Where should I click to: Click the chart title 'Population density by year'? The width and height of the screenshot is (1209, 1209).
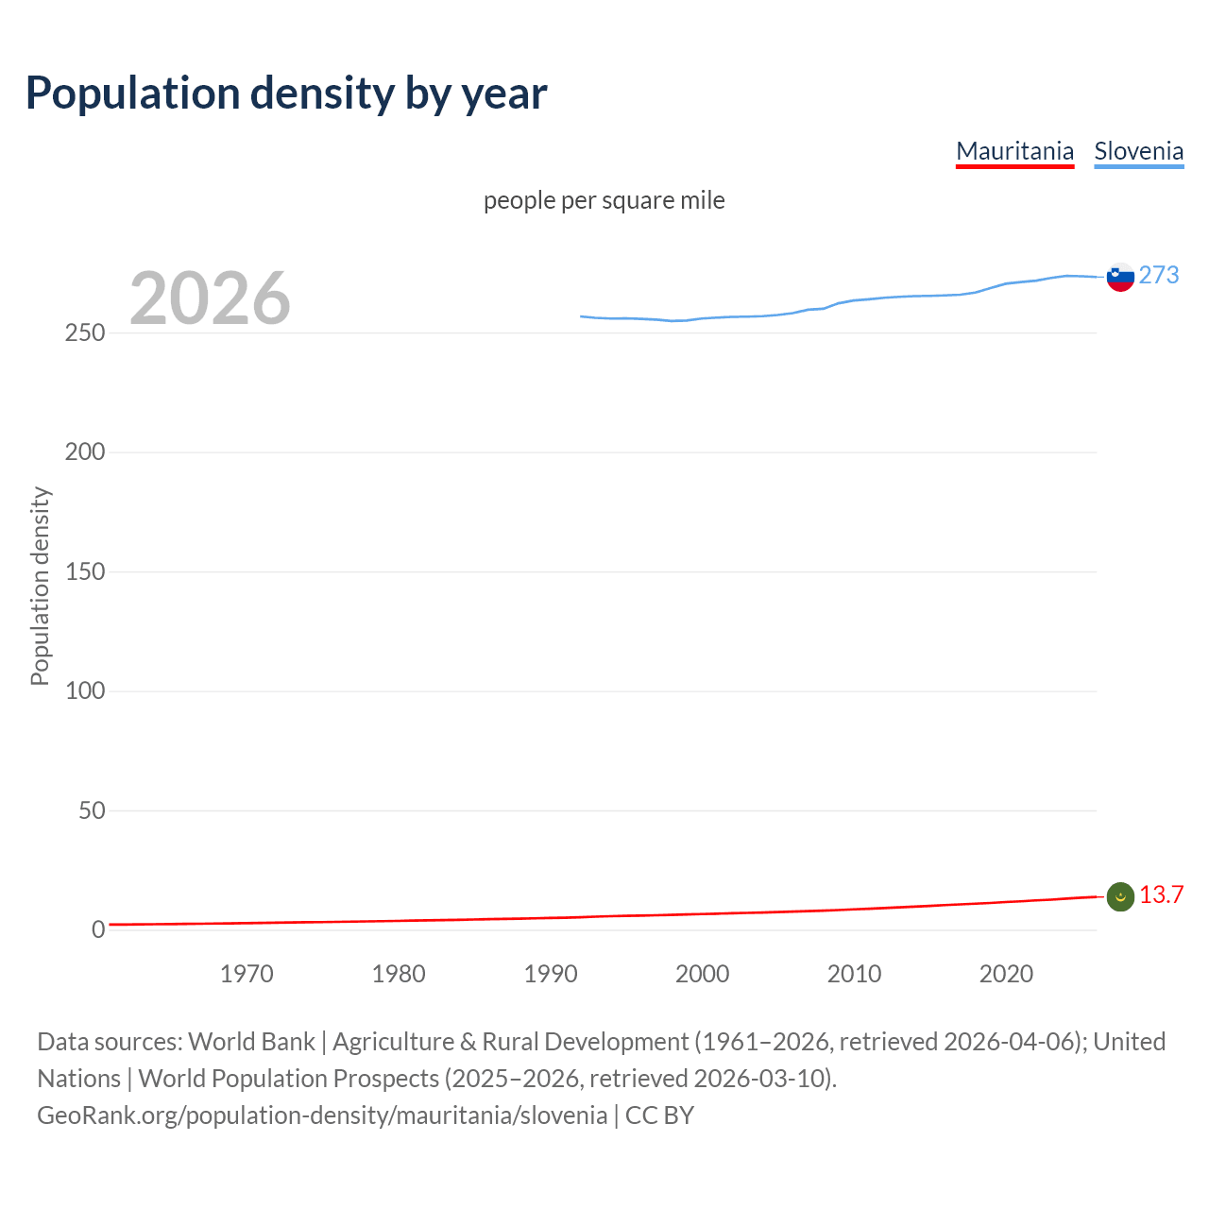(x=286, y=94)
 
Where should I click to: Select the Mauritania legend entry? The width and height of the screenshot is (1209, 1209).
(x=1014, y=151)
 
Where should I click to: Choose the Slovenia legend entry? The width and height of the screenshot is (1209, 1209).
(x=1138, y=151)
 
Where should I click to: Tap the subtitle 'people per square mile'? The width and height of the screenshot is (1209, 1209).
(x=604, y=200)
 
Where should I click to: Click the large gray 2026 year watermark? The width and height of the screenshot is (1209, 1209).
(x=210, y=298)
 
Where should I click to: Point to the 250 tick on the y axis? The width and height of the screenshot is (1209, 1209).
(x=85, y=333)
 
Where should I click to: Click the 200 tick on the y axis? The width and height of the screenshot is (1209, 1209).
(x=85, y=452)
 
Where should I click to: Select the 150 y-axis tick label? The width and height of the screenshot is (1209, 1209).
(x=85, y=571)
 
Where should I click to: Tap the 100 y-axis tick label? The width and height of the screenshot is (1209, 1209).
(x=85, y=690)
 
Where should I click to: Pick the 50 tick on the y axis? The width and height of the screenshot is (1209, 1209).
(x=92, y=810)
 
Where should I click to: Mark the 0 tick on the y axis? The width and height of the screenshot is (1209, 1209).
(x=98, y=929)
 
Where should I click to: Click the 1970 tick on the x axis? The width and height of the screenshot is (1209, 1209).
(x=247, y=974)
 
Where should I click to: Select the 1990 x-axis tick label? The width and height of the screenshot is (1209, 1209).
(x=551, y=974)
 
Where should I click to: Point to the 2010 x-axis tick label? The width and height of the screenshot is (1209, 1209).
(x=854, y=974)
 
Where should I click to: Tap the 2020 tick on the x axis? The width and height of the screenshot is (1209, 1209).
(x=1006, y=974)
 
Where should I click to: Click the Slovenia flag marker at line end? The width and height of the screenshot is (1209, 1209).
(x=1120, y=277)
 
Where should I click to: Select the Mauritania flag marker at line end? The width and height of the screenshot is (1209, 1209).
(x=1120, y=897)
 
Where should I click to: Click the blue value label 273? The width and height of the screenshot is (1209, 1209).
(x=1159, y=275)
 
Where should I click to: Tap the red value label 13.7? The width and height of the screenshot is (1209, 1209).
(x=1161, y=894)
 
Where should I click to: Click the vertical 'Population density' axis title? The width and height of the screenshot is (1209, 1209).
(x=40, y=586)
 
